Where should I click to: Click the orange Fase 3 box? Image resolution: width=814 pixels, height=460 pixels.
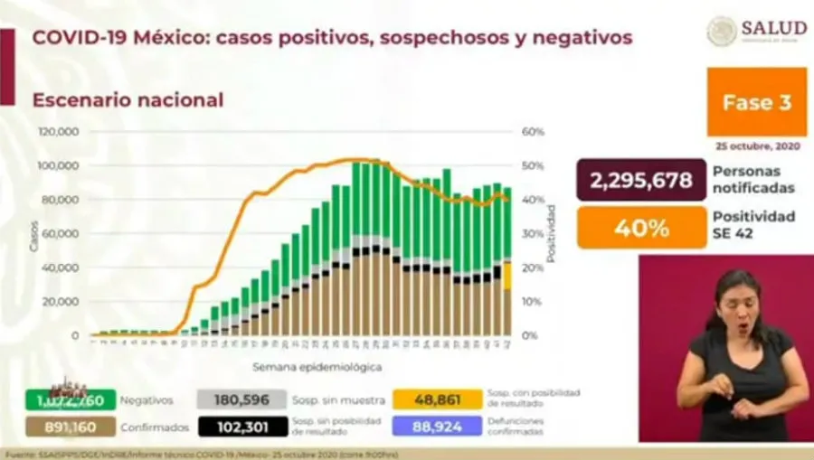click(x=756, y=102)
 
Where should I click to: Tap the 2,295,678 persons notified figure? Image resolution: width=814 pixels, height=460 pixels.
click(x=641, y=180)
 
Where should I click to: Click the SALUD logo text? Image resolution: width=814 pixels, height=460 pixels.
click(x=773, y=28)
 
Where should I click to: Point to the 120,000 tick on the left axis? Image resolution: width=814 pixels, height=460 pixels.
click(x=58, y=132)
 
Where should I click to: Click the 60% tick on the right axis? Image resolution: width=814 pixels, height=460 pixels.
click(x=534, y=132)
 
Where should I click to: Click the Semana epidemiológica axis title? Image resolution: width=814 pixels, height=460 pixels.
click(x=317, y=367)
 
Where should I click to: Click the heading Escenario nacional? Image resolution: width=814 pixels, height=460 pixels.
click(x=128, y=100)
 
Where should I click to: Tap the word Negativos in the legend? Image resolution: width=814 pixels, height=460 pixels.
click(x=147, y=399)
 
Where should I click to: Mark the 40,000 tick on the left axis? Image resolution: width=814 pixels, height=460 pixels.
click(x=62, y=268)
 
